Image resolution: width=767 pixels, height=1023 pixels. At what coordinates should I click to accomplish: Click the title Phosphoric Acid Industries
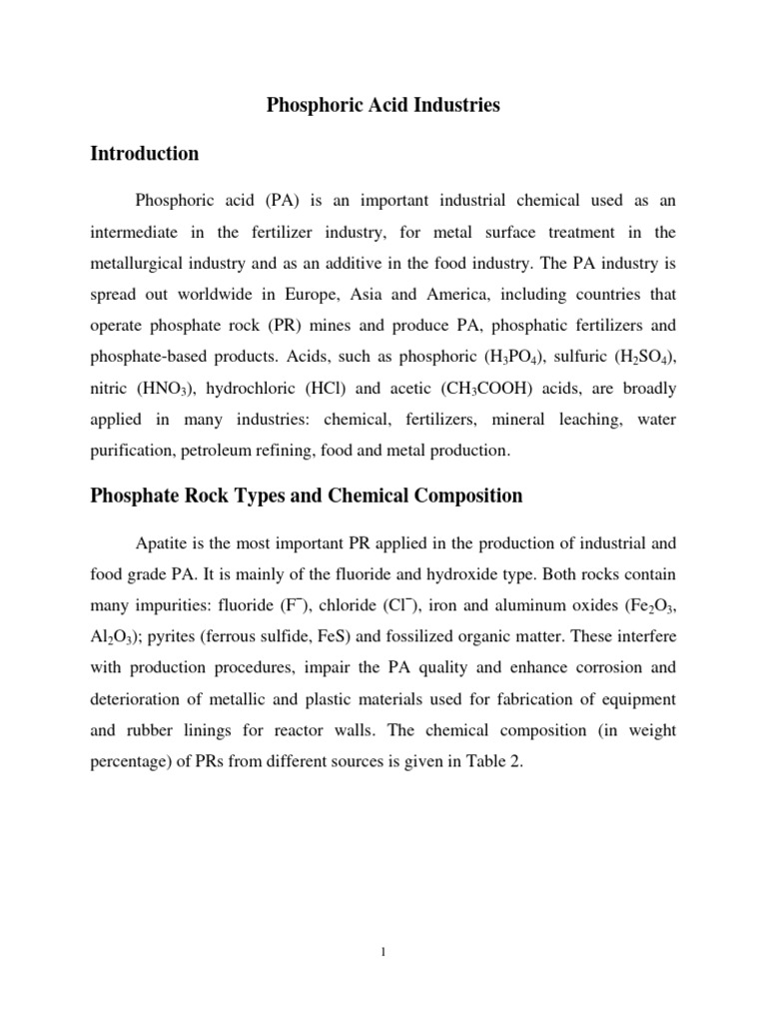click(x=383, y=105)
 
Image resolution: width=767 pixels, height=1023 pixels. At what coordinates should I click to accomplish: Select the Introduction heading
click(x=145, y=154)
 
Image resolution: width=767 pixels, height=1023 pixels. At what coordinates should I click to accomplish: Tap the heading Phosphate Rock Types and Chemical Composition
click(x=307, y=496)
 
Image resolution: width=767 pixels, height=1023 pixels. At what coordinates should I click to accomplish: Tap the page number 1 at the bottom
click(x=383, y=952)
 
